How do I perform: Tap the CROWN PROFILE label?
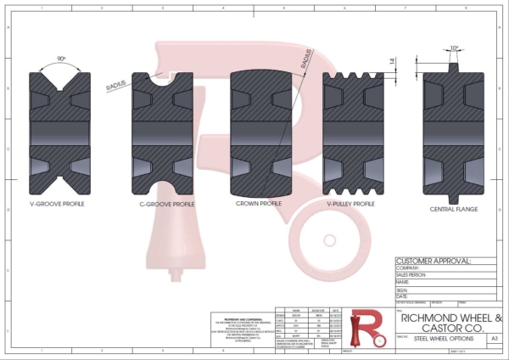tap(258, 204)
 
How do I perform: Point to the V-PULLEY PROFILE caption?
tap(350, 204)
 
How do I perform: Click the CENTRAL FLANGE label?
tap(454, 208)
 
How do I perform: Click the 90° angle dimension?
tap(61, 59)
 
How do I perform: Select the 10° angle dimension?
tap(455, 48)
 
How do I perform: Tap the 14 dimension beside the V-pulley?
tap(392, 61)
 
